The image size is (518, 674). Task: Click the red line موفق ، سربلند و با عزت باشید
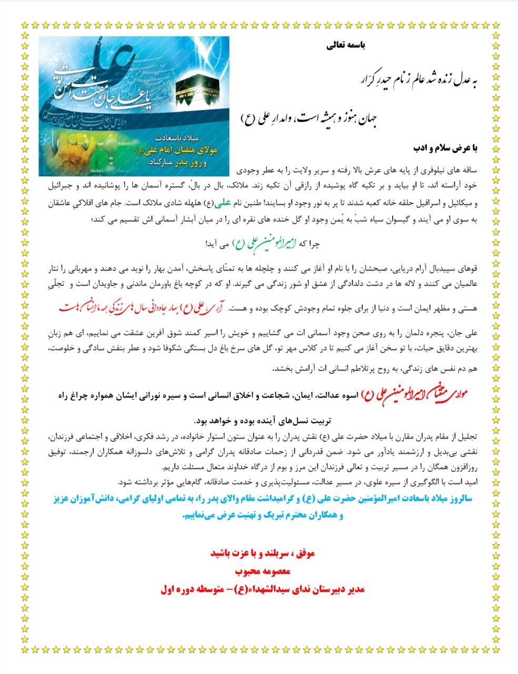coord(262,553)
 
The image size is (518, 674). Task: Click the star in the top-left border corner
coord(24,24)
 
